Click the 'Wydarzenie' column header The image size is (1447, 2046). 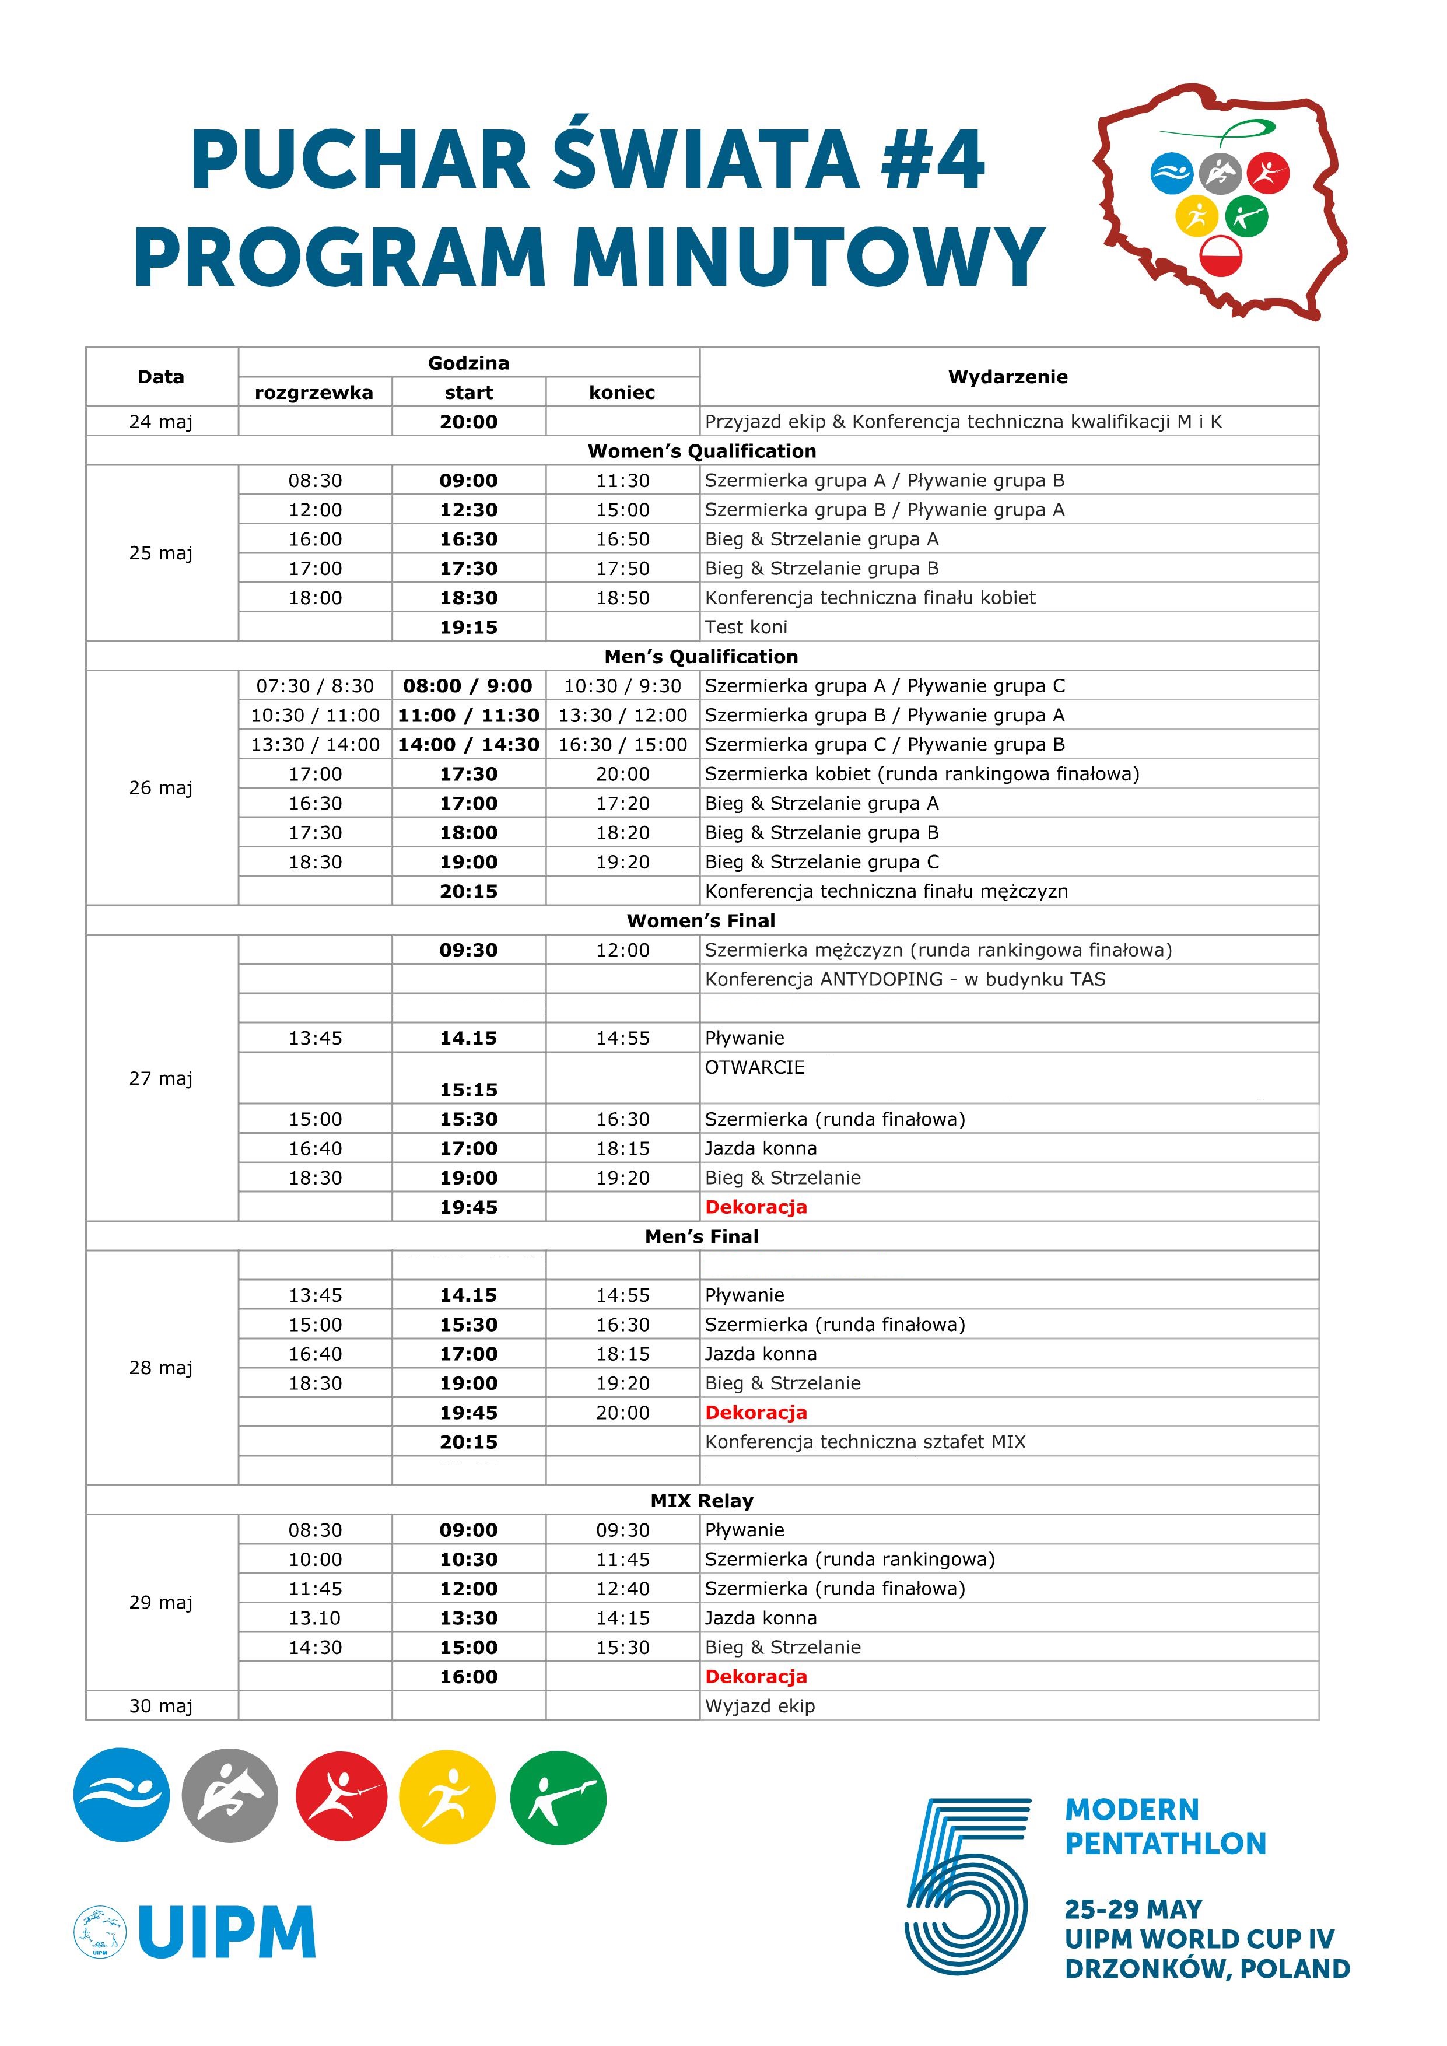(x=1008, y=377)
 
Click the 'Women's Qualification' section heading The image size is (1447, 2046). (x=702, y=451)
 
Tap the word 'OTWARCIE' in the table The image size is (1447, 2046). (x=755, y=1067)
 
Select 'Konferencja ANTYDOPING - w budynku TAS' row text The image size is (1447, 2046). (x=905, y=979)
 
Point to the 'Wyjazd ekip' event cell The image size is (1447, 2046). (x=760, y=1705)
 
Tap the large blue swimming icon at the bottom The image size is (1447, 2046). (x=122, y=1795)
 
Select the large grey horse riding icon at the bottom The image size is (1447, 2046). (x=230, y=1795)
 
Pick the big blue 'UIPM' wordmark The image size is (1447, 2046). (x=227, y=1932)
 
